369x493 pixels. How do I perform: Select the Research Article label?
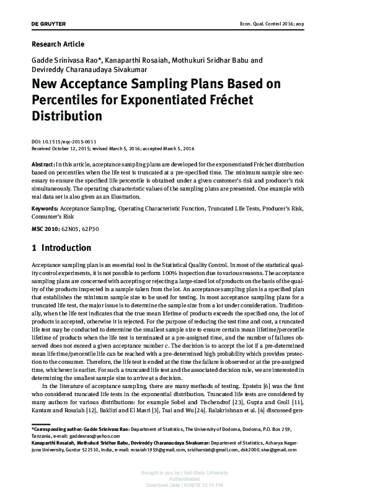point(58,44)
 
